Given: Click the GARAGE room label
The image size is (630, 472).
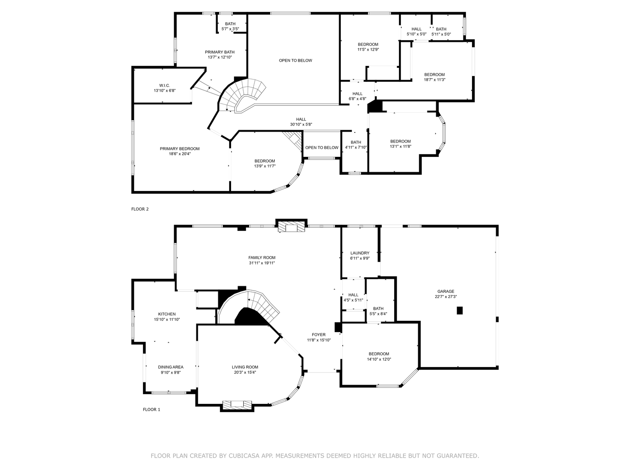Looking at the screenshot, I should (446, 292).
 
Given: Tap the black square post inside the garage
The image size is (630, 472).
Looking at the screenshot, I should (459, 310).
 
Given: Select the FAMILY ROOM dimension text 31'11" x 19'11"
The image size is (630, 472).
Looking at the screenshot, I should (262, 263).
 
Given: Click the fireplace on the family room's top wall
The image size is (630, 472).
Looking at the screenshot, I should (291, 227).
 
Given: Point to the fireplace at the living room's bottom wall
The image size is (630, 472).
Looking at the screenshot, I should (238, 405).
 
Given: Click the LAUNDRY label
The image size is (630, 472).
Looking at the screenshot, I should (360, 253).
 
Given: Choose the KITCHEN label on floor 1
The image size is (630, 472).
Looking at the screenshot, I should (167, 314).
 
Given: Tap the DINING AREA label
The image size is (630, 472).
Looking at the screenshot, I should (171, 367).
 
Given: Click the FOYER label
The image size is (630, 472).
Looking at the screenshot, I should (318, 335).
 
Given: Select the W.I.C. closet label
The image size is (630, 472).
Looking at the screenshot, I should (164, 85).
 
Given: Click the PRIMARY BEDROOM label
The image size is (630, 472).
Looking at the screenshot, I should (179, 149).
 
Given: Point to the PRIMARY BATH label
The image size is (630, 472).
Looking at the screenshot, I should (220, 52).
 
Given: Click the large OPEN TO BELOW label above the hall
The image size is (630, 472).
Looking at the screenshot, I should (295, 60).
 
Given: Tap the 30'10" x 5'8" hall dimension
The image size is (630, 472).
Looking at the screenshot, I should (301, 125).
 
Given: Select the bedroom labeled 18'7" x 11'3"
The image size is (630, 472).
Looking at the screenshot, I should (434, 77).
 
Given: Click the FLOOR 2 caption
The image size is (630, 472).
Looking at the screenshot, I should (140, 209).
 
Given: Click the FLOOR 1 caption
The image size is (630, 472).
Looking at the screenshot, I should (151, 410).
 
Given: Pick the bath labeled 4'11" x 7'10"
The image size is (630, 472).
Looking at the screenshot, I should (356, 145).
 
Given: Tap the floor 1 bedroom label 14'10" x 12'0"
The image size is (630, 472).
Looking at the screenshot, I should (378, 357).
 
